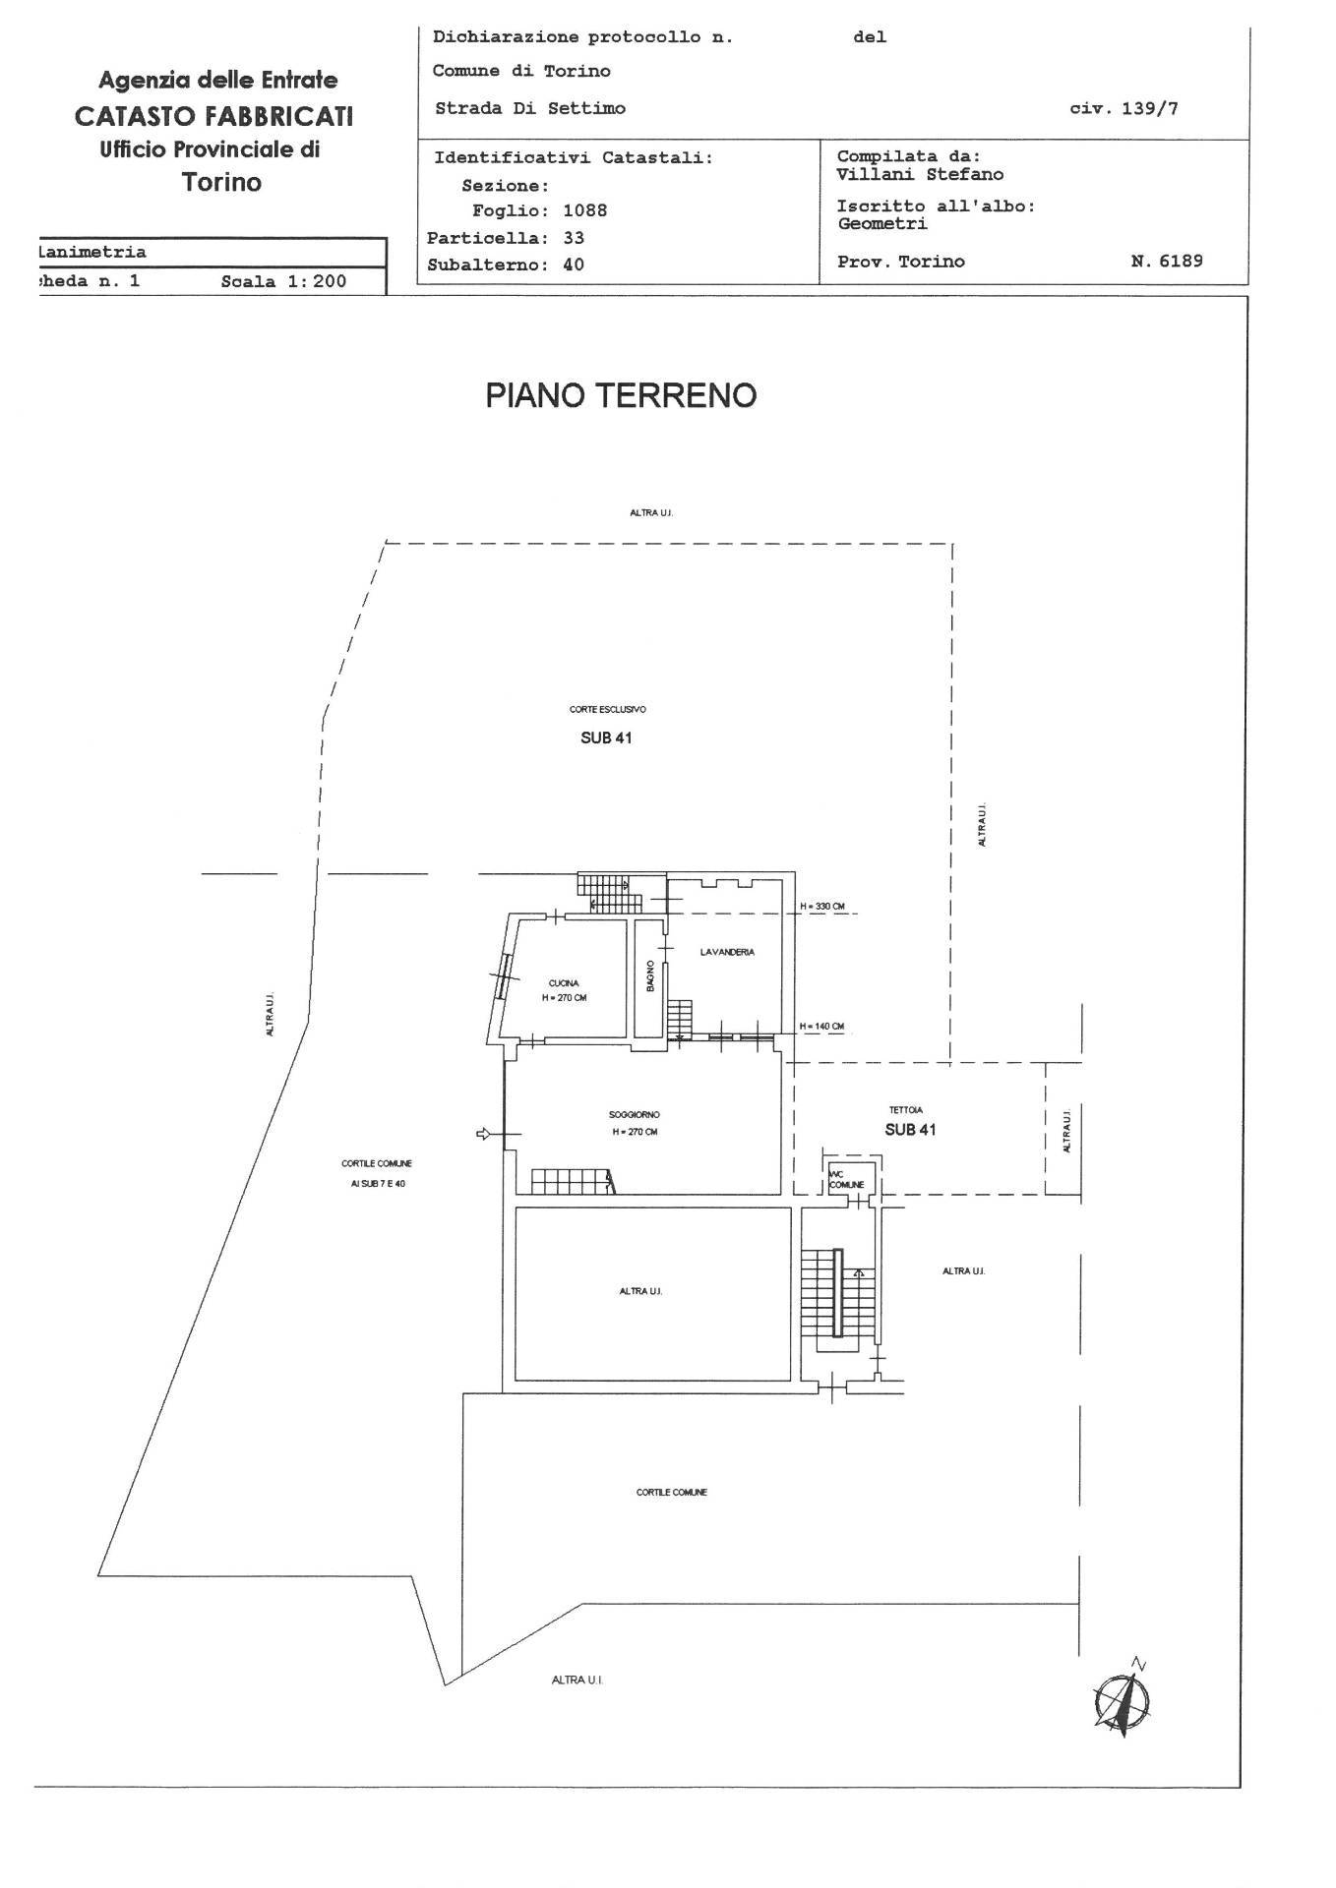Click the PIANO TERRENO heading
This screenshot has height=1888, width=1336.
621,395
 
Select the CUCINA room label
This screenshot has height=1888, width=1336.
564,983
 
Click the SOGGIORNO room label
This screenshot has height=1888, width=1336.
635,1115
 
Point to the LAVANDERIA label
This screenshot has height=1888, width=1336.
727,952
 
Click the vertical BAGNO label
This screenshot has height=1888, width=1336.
650,977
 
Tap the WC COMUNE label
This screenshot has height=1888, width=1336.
845,1179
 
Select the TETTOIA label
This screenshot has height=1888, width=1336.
905,1110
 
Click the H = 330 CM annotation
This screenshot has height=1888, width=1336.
822,906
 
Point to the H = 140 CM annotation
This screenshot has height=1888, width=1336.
821,1027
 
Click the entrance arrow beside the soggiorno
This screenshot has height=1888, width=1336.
484,1134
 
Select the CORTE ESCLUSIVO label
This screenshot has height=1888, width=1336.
607,709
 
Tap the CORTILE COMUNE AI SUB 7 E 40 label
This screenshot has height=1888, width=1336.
376,1173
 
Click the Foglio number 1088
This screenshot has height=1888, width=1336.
584,210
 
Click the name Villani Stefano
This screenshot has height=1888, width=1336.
920,174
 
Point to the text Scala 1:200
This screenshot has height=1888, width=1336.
283,280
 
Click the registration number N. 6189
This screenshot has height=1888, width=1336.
1167,262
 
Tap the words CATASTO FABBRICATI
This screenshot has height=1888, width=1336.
213,116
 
